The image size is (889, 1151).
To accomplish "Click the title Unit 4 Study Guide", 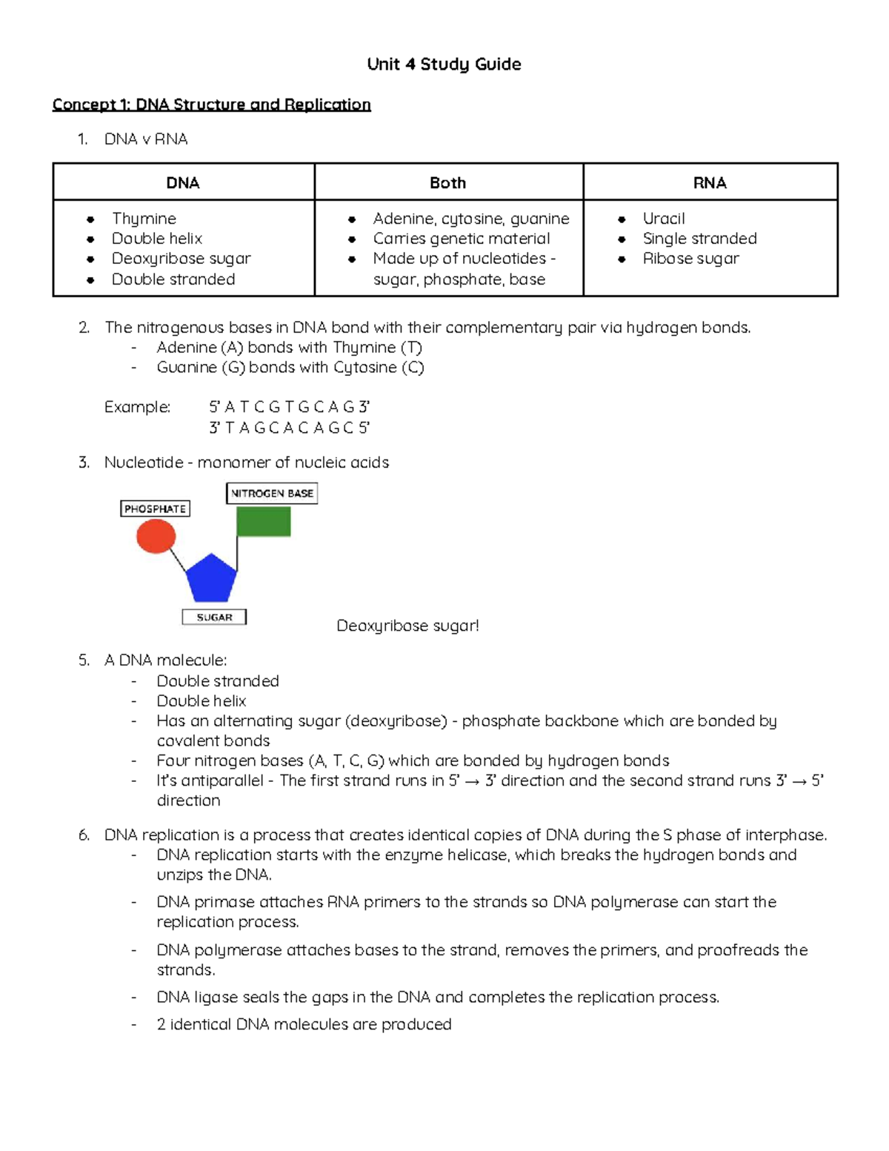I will (x=444, y=64).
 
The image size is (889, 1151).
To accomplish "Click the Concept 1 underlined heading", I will (x=211, y=105).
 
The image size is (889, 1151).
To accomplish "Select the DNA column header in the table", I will (x=183, y=183).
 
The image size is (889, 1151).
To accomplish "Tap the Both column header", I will (x=448, y=183).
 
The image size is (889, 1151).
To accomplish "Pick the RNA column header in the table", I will (x=710, y=183).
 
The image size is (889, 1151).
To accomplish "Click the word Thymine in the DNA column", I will (x=144, y=219).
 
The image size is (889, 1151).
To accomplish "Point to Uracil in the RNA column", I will (x=663, y=219).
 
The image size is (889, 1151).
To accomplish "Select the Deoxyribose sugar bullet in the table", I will (x=181, y=259).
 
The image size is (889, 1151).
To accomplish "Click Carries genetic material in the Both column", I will (x=461, y=239).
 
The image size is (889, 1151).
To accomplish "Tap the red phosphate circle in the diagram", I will (x=156, y=536).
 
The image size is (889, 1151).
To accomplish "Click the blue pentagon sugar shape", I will (x=211, y=579).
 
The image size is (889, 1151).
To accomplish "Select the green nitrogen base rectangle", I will (x=264, y=522).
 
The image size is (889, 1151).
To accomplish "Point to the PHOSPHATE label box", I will (x=155, y=509).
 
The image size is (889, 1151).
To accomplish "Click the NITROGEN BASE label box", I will (x=272, y=494).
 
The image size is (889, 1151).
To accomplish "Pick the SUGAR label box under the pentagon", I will (x=214, y=617).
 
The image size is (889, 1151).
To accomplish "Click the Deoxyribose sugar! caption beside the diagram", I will (x=407, y=626).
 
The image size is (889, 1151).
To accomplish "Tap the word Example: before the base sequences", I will (x=137, y=408).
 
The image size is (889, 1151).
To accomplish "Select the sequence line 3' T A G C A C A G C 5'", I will (x=289, y=428).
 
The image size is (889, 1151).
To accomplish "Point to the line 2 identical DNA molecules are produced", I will (x=304, y=1024).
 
